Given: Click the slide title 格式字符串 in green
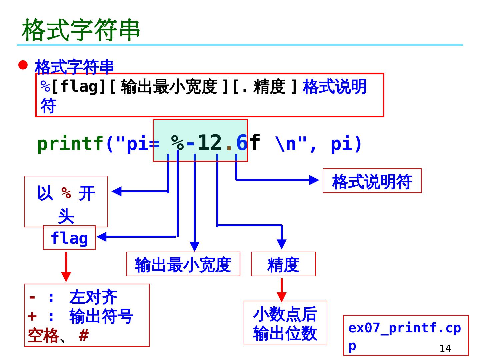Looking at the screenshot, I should (81, 30).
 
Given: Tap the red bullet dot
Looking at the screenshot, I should (23, 65).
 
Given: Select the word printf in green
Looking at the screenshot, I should (70, 144).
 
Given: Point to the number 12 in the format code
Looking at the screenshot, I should (209, 143).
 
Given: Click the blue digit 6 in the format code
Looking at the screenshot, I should (241, 143).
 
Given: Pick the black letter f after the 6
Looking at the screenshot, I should (255, 142).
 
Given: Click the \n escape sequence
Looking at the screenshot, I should (286, 144).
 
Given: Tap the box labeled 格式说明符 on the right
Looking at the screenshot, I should (372, 181).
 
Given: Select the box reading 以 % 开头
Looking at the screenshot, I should (66, 202).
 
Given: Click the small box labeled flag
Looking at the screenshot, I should (69, 238).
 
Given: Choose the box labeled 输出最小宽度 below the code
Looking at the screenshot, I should (183, 264).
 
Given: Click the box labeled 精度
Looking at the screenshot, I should (283, 264).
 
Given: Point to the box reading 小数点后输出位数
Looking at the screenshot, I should (285, 323).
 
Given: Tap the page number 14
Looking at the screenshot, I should (445, 349).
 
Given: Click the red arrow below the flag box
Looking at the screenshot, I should (66, 267).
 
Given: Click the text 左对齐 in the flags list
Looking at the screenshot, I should (93, 297).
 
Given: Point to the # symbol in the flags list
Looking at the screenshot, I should (84, 335).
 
